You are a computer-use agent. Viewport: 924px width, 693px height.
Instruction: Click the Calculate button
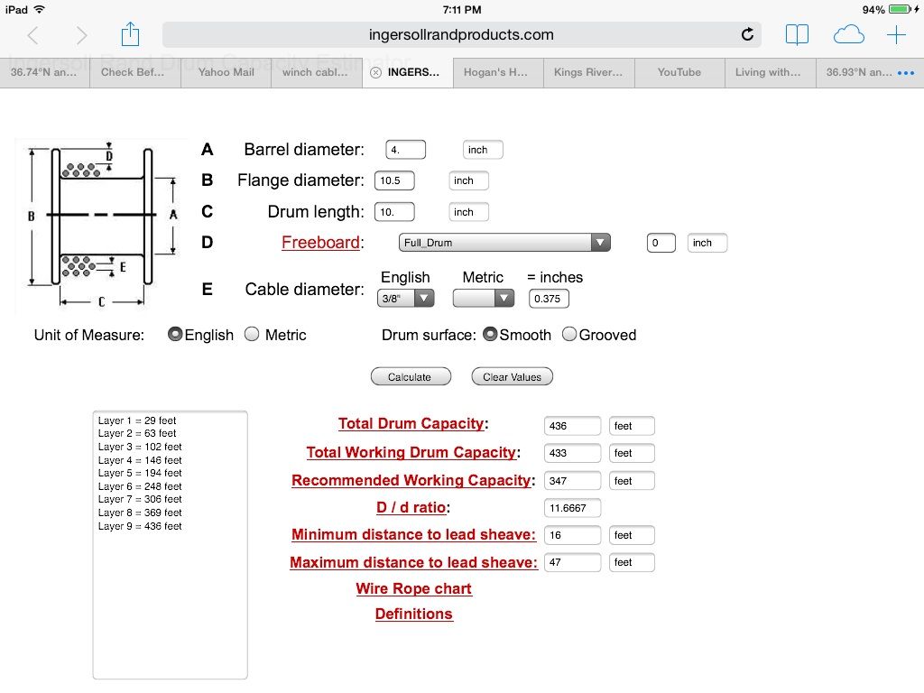[x=411, y=377]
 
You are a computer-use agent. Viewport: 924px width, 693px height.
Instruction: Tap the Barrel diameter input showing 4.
[x=405, y=150]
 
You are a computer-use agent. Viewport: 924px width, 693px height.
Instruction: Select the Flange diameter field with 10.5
[x=394, y=180]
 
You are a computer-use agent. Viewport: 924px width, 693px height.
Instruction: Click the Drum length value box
[x=394, y=212]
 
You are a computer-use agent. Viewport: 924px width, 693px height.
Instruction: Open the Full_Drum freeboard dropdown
[x=504, y=243]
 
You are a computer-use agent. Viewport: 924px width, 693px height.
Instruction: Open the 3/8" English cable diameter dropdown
[x=405, y=299]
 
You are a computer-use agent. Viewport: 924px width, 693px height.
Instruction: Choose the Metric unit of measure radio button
[x=253, y=335]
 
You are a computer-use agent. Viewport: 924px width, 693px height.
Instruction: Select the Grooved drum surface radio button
[x=569, y=335]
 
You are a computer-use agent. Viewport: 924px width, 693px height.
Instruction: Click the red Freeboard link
[x=320, y=243]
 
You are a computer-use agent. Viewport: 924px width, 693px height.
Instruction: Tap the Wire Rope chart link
[x=413, y=588]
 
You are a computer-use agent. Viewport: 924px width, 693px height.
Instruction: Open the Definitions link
[x=413, y=614]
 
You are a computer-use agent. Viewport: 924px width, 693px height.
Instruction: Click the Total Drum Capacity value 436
[x=572, y=426]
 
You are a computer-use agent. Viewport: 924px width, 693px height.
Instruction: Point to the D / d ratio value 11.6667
[x=572, y=508]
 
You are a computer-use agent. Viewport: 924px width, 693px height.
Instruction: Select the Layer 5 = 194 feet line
[x=140, y=473]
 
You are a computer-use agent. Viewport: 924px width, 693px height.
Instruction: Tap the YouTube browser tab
[x=679, y=72]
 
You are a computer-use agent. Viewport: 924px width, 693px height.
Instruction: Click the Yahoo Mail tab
[x=226, y=72]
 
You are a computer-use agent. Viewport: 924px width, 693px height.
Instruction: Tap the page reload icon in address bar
[x=747, y=35]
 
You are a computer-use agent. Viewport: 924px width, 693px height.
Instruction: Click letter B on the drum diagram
[x=32, y=217]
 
